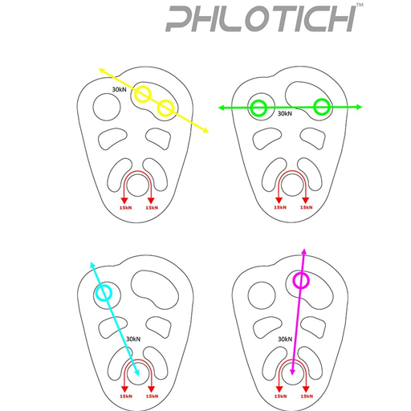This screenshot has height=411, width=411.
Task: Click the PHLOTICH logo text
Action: (261, 18)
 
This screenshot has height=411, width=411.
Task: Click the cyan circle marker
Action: (96, 293)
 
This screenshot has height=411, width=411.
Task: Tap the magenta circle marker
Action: (294, 280)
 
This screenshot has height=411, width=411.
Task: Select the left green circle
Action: (251, 108)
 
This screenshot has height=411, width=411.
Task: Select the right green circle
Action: (314, 107)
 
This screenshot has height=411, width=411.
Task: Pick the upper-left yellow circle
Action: (136, 94)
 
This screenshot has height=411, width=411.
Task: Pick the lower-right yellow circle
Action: (158, 108)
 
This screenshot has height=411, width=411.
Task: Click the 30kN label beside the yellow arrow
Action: (119, 89)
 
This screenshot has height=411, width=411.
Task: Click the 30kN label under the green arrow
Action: (285, 113)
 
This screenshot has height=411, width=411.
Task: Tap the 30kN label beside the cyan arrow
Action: (133, 339)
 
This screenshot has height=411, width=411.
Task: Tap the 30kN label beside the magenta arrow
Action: (285, 339)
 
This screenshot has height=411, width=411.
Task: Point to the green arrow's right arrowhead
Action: (360, 107)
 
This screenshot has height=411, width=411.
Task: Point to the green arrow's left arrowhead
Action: (222, 108)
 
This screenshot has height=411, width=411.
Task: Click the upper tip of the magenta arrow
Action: (304, 249)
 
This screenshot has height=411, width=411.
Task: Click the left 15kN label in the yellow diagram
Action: (125, 208)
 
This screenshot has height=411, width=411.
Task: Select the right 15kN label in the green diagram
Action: (307, 208)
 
